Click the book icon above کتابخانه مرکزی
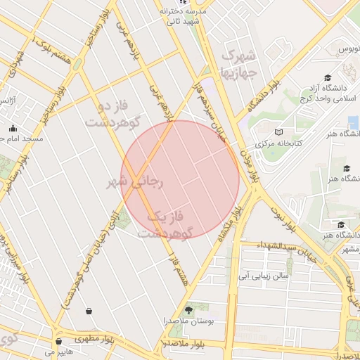coord(278,132)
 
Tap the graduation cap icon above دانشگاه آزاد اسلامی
coord(327,78)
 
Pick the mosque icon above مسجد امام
coord(13,128)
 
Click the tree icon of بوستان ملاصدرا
coord(188,309)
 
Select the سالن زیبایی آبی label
coord(264,276)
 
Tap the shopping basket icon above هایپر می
coord(58,342)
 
